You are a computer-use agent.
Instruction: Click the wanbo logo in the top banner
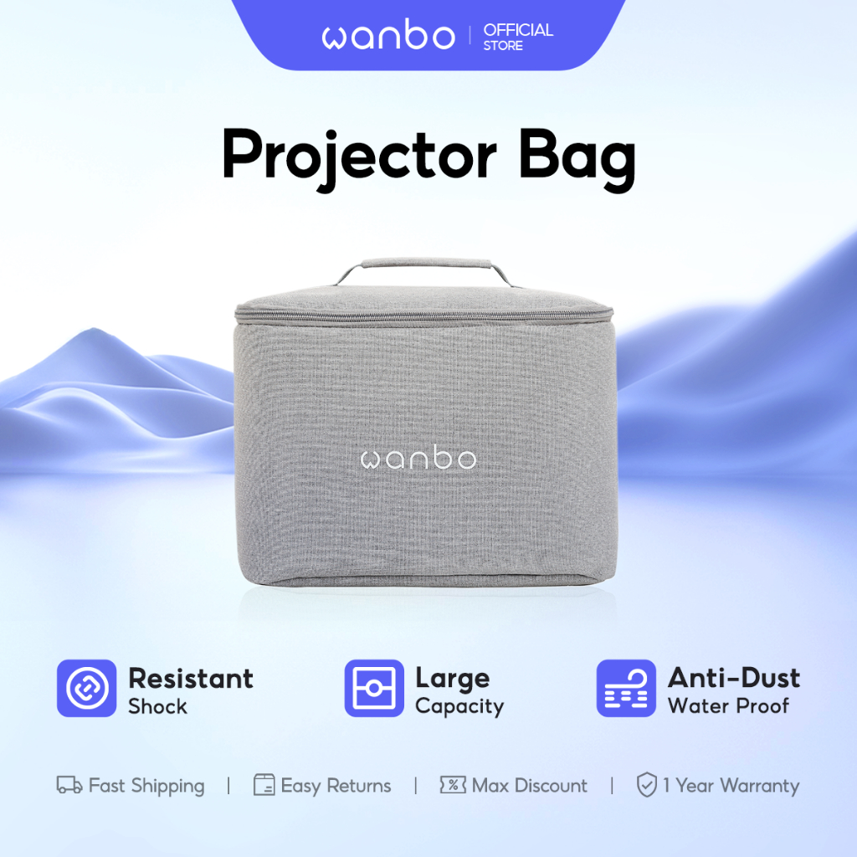[x=388, y=35]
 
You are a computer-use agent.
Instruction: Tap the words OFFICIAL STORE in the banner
[x=518, y=37]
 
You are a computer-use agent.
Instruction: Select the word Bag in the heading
[x=577, y=158]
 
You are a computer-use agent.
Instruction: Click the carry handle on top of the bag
[x=425, y=264]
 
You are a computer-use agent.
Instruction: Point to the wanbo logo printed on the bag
[x=418, y=458]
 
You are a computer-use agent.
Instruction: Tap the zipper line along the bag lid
[x=424, y=316]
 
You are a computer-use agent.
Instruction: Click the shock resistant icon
[x=86, y=688]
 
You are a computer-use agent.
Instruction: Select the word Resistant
[x=191, y=678]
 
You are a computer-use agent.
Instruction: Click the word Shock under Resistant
[x=157, y=706]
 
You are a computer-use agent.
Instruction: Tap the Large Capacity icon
[x=374, y=688]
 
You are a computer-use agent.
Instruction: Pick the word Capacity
[x=459, y=706]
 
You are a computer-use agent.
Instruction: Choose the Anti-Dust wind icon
[x=626, y=688]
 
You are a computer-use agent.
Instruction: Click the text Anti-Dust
[x=734, y=678]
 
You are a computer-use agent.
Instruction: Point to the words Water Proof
[x=728, y=706]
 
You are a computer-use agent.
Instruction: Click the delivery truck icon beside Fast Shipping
[x=69, y=785]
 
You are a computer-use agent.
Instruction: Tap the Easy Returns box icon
[x=264, y=785]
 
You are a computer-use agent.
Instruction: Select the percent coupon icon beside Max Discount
[x=453, y=785]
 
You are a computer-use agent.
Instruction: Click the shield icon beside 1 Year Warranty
[x=647, y=785]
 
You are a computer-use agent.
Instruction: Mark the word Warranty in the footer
[x=760, y=786]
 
